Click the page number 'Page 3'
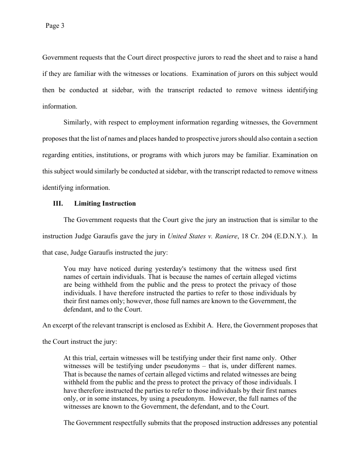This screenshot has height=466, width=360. pyautogui.click(x=55, y=26)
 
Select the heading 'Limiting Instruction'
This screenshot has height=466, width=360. pyautogui.click(x=105, y=203)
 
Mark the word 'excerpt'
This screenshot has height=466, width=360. pyautogui.click(x=66, y=326)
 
